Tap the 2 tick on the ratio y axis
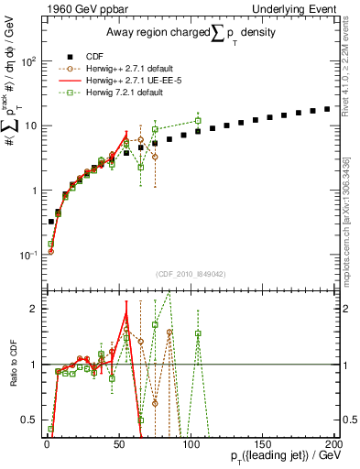(33, 309)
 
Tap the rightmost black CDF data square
(327, 109)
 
